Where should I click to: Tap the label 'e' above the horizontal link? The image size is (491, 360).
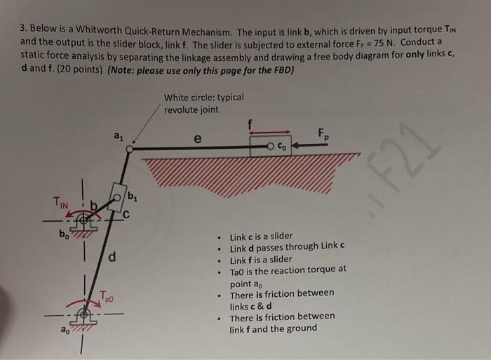198,139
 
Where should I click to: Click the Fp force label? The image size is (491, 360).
322,133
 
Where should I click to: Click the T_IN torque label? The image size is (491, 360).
62,202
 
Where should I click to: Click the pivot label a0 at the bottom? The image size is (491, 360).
65,328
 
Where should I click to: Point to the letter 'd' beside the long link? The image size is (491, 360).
112,257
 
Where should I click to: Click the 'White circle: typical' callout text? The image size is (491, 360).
203,98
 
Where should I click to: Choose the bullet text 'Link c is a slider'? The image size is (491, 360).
262,236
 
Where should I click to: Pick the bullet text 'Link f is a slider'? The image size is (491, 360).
261,259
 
